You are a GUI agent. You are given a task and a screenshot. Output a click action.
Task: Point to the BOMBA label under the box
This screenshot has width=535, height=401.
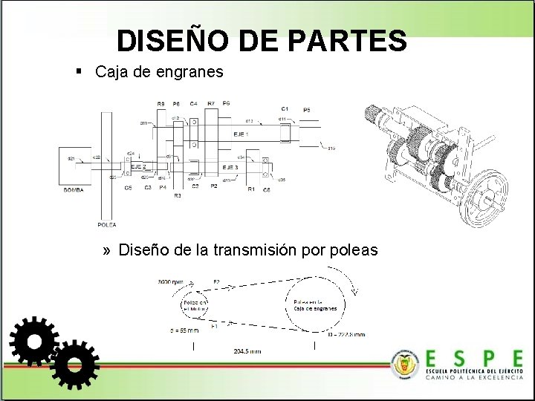[74, 189]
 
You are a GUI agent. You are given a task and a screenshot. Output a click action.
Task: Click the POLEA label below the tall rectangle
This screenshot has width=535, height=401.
[106, 224]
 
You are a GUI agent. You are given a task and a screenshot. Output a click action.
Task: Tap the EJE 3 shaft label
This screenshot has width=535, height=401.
[230, 168]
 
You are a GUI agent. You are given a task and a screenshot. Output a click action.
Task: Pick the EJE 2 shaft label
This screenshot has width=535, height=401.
[138, 167]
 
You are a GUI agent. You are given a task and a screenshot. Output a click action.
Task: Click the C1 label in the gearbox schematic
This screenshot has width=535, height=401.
[285, 108]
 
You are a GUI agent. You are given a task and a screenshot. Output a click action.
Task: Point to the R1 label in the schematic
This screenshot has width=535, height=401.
[252, 189]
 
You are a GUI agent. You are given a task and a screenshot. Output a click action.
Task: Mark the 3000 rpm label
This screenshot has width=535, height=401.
[172, 281]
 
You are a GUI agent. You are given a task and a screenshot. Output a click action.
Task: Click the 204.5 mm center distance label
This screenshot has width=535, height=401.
[247, 351]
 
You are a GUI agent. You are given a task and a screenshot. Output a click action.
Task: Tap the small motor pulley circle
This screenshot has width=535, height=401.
[194, 306]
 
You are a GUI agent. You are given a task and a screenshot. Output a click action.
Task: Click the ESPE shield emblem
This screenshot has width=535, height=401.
[403, 364]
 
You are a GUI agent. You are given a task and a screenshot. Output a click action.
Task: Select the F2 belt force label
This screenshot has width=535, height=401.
[216, 282]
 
